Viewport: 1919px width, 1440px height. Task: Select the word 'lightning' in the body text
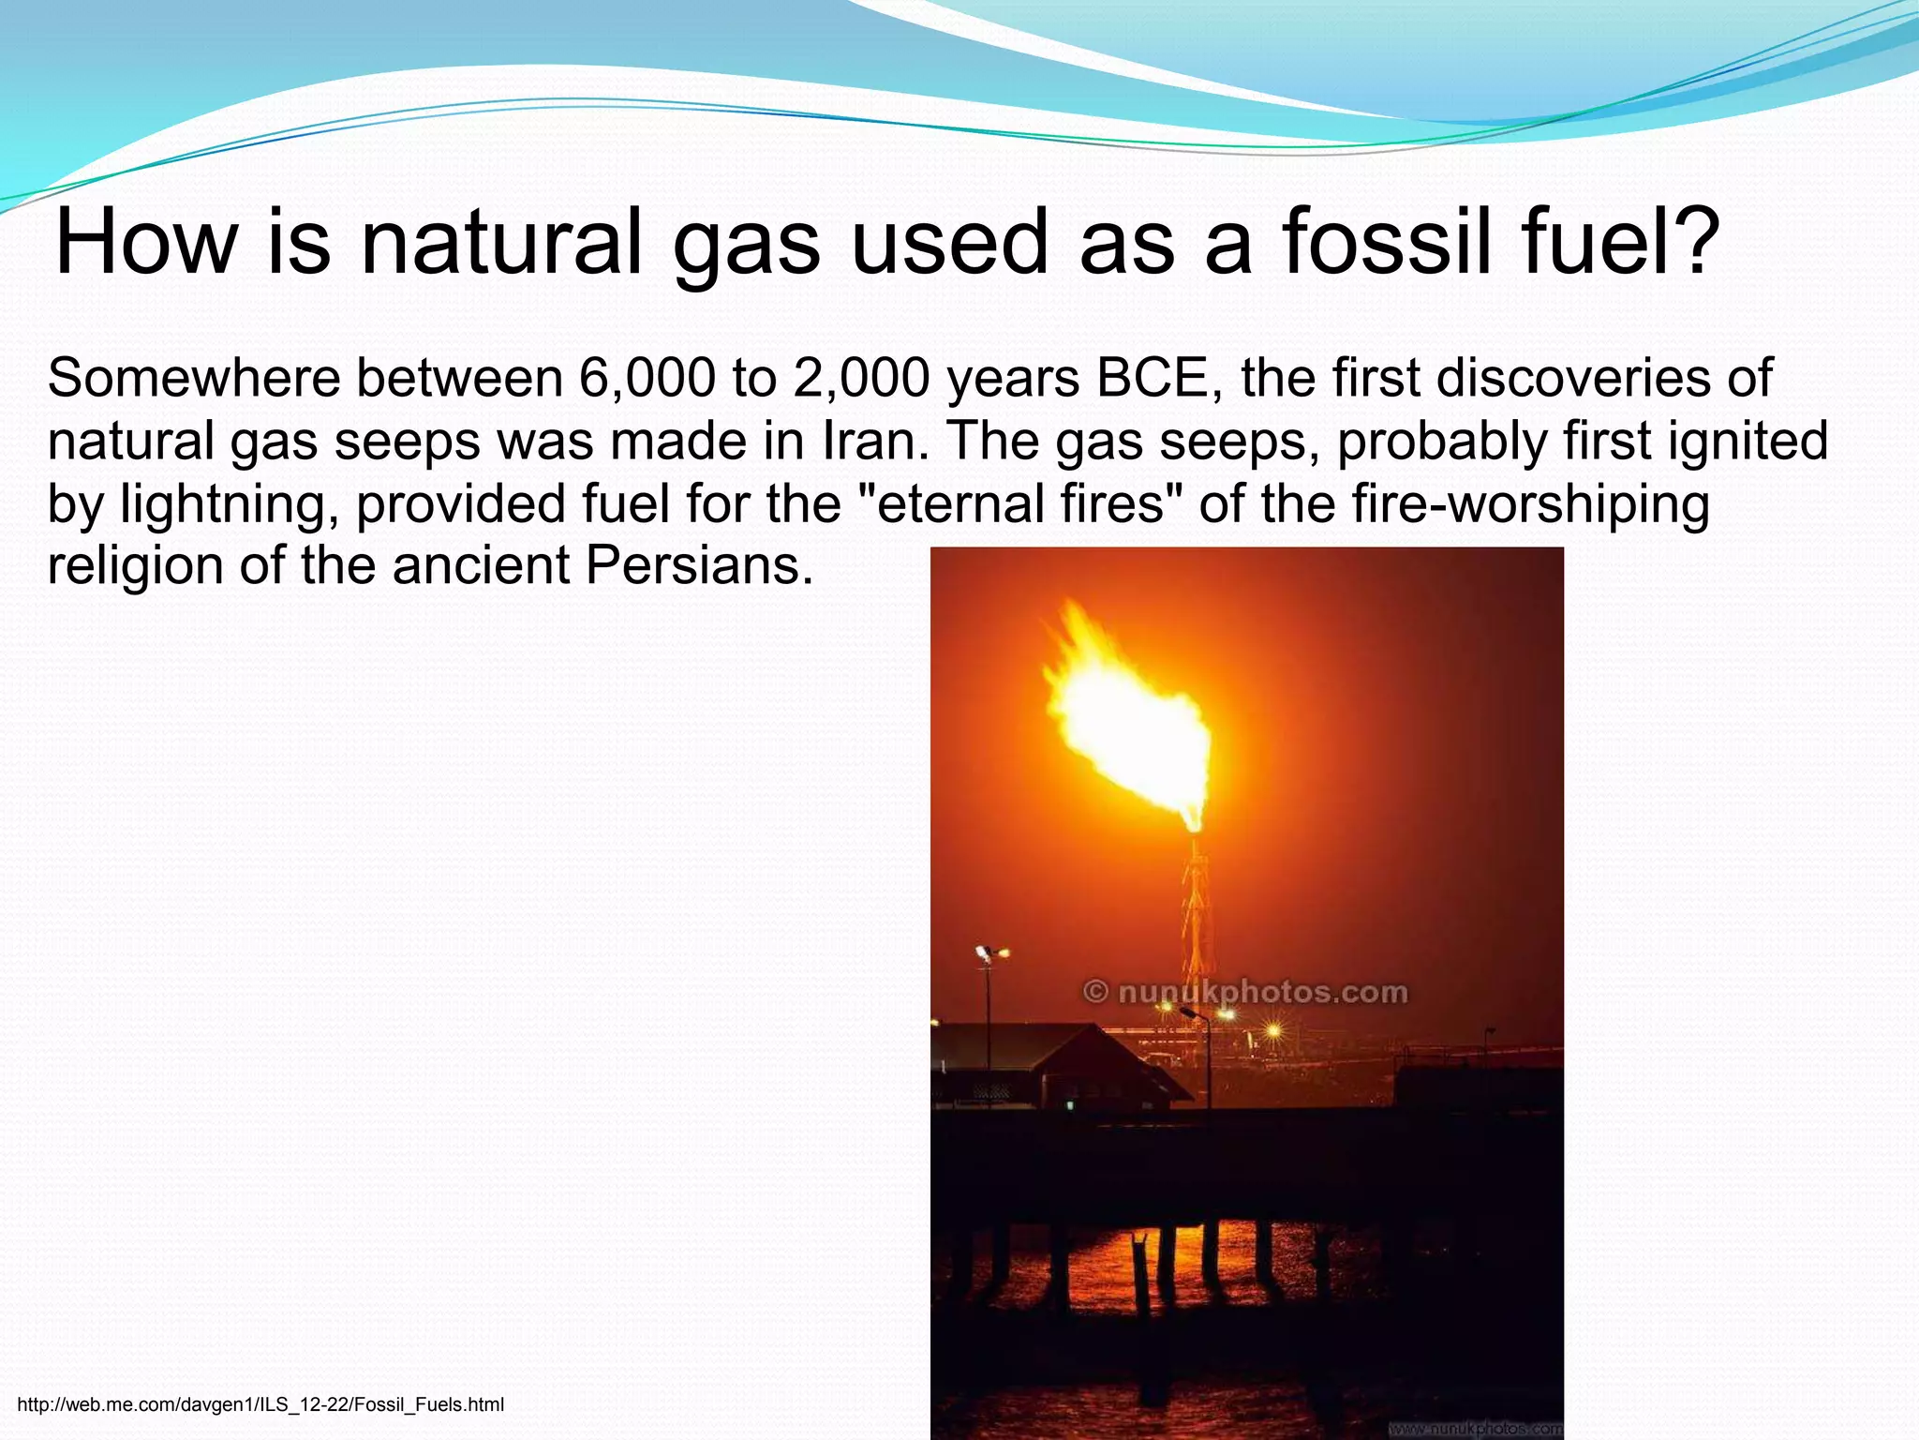tap(230, 503)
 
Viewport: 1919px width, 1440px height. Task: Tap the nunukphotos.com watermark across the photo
tap(1245, 992)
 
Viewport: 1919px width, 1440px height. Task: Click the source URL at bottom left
tap(260, 1404)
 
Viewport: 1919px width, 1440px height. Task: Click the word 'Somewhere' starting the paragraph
tap(193, 379)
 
